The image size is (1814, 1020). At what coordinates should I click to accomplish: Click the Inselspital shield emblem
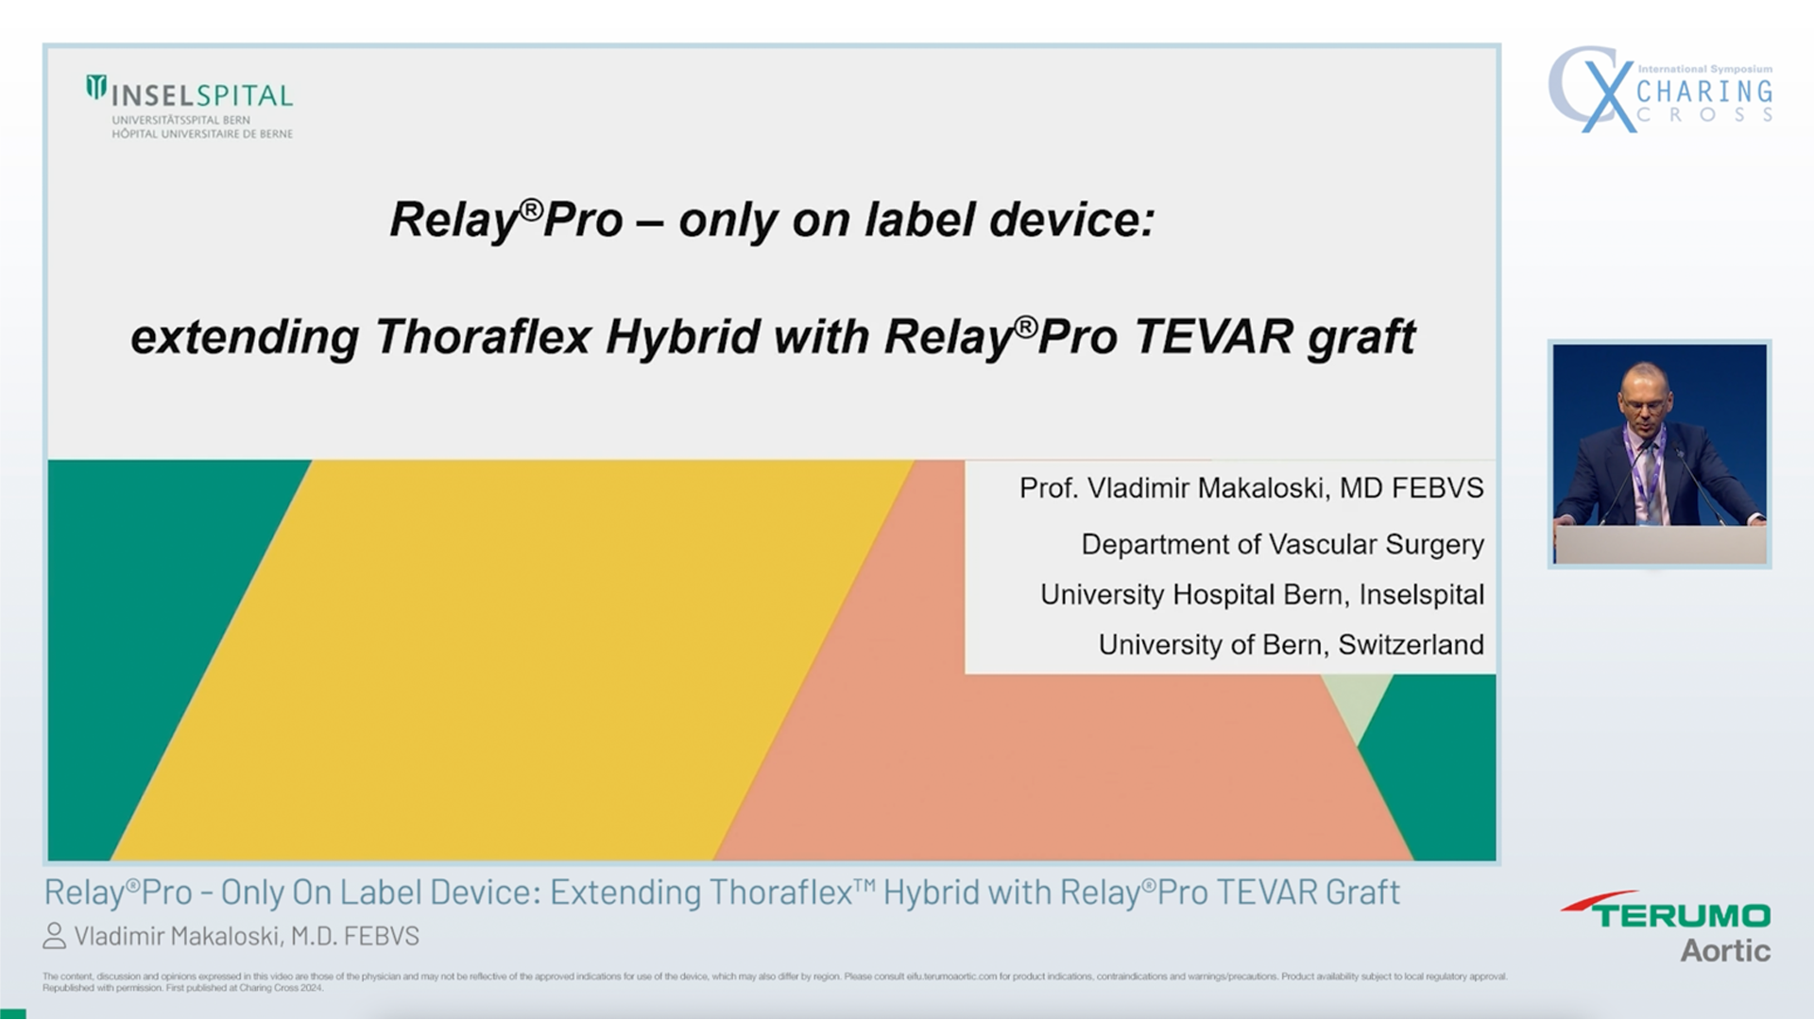(96, 88)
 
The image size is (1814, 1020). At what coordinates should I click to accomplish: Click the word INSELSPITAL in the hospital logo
(202, 95)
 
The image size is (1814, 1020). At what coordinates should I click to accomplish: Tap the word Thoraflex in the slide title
(483, 337)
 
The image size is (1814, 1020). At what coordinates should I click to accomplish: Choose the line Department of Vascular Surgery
(1282, 544)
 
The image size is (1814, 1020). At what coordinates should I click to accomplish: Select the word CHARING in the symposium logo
(1703, 92)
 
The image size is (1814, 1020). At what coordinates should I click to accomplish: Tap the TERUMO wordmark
(1682, 915)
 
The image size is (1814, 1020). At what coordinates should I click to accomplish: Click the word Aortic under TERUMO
(1725, 951)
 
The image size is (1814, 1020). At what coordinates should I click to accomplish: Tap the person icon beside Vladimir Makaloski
(55, 936)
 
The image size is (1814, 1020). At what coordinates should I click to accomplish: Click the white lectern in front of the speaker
(1660, 544)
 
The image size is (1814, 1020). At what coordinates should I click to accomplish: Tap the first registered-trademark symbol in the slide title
(531, 209)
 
